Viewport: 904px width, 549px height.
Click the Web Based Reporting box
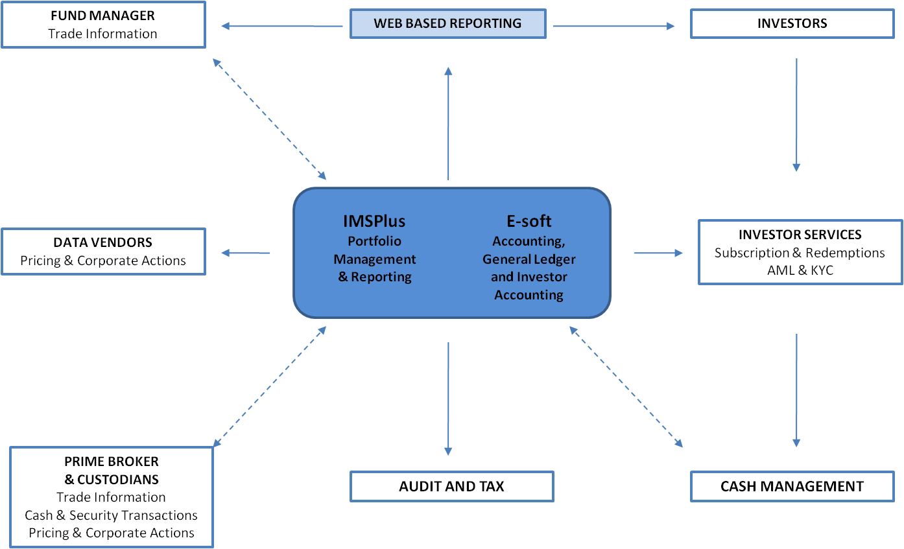pos(447,24)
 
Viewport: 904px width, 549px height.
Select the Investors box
pos(792,24)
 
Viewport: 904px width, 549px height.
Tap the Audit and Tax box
pos(451,486)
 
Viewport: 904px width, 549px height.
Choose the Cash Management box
pos(792,486)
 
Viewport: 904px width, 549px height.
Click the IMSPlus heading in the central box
pos(374,221)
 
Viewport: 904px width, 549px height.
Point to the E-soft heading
pos(529,221)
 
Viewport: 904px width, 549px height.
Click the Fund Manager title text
pos(102,15)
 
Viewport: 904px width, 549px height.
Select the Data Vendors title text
pos(102,242)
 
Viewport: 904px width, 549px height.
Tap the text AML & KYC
pos(800,270)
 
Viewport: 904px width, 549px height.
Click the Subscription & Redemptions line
pos(800,253)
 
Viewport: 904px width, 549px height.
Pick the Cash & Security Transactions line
pos(111,515)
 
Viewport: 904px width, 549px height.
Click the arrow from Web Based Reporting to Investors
pos(613,26)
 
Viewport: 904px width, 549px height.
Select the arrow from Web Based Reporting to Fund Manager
pos(281,26)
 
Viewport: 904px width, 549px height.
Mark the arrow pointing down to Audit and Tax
pos(448,399)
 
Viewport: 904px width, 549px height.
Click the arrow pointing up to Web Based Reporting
pos(448,123)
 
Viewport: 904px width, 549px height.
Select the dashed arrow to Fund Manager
pos(269,119)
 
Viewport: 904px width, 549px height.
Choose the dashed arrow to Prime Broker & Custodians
pos(269,387)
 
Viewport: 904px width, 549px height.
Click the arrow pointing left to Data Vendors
pos(246,253)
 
